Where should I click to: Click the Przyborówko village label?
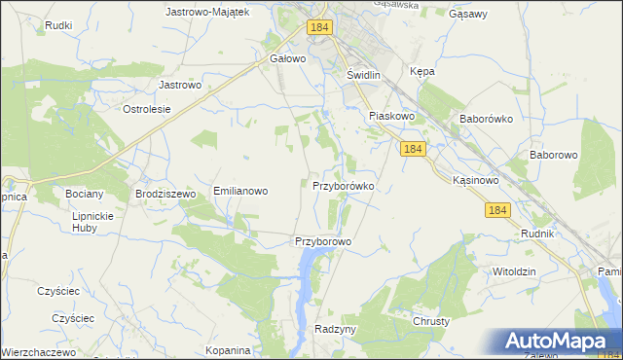[x=343, y=185]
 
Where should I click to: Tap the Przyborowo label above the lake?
[x=322, y=241]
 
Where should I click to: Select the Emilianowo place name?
[x=240, y=192]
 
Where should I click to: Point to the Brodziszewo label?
[x=166, y=194]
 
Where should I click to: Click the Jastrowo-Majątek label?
[x=208, y=12]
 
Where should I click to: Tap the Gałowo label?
[x=288, y=58]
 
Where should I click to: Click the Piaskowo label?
[x=392, y=116]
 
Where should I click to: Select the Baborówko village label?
[x=486, y=120]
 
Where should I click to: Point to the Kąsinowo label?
[x=476, y=181]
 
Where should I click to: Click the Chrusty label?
[x=431, y=321]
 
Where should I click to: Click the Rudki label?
[x=59, y=25]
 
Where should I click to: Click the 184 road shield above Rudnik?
[x=497, y=210]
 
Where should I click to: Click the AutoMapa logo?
[x=561, y=342]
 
